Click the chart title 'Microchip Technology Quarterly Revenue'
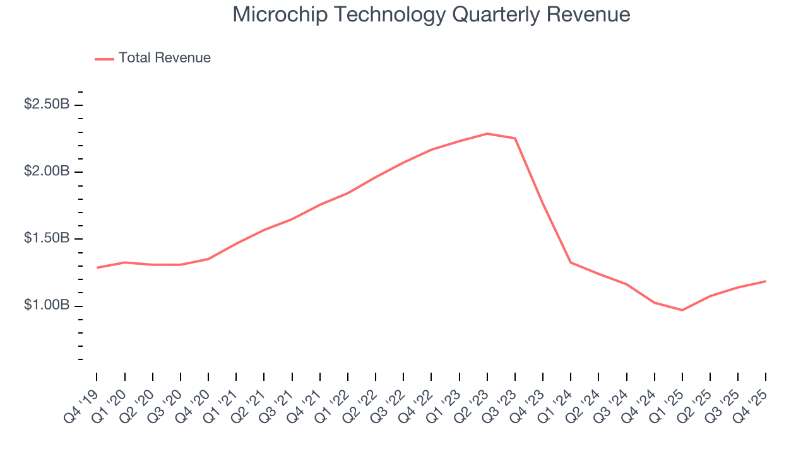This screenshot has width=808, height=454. coord(431,15)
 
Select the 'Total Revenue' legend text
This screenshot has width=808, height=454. coord(164,58)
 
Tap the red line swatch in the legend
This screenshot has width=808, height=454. coord(104,59)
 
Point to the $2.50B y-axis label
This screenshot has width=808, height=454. coord(47,105)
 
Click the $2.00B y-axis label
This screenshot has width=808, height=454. coord(47,172)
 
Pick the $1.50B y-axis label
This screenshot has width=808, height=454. coord(47,239)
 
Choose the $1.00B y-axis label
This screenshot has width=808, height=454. coord(47,306)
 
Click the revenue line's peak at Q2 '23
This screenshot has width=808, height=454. coord(487,134)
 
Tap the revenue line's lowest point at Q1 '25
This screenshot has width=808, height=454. coord(682,310)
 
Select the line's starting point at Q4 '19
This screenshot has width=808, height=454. coord(97,267)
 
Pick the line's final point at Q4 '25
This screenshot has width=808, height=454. coord(766,281)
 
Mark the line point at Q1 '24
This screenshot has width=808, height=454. coord(571,262)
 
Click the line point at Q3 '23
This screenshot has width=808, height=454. coord(515,138)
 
